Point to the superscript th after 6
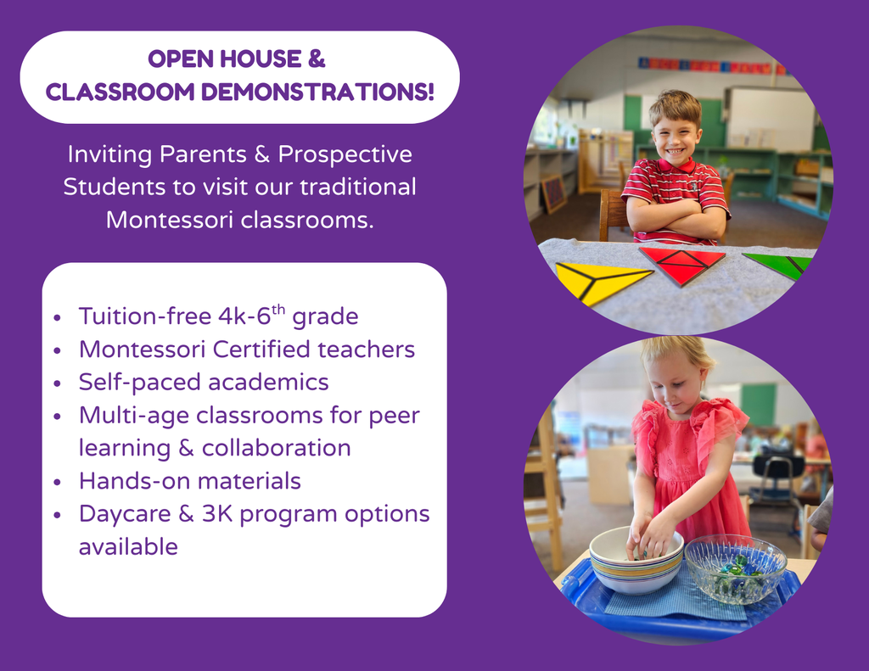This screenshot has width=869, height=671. coord(278,309)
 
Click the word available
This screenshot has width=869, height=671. coord(128,547)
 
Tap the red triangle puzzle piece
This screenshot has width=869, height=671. coord(681,264)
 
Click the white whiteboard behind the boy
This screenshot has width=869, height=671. coord(768,119)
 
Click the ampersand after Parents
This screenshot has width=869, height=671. coord(259,155)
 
